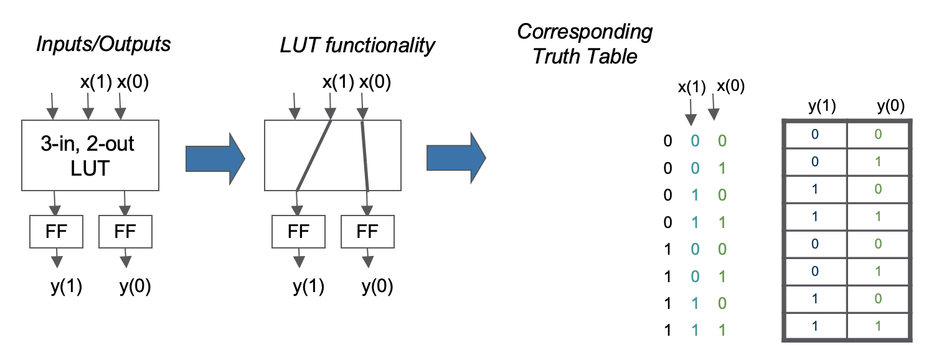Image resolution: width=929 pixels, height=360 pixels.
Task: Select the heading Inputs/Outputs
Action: (x=103, y=45)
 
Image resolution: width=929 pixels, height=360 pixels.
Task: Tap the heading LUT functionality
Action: (x=357, y=45)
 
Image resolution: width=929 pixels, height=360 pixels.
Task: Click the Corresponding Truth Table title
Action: (x=585, y=44)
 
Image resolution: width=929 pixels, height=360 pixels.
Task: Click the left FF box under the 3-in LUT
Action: (x=55, y=231)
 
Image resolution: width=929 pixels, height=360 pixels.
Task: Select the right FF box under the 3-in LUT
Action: (x=125, y=231)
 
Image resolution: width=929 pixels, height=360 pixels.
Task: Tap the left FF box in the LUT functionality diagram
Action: (x=298, y=231)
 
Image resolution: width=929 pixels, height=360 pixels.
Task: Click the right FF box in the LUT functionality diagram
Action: (x=367, y=231)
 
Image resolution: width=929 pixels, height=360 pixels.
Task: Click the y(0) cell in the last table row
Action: (x=879, y=326)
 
